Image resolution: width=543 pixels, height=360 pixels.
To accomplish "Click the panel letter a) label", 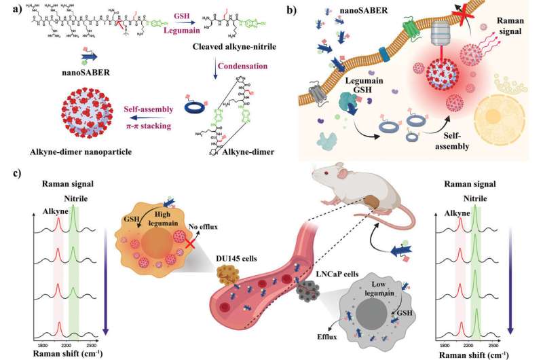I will coord(9,10).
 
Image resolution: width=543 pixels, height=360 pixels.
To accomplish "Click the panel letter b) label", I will coord(306,10).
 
